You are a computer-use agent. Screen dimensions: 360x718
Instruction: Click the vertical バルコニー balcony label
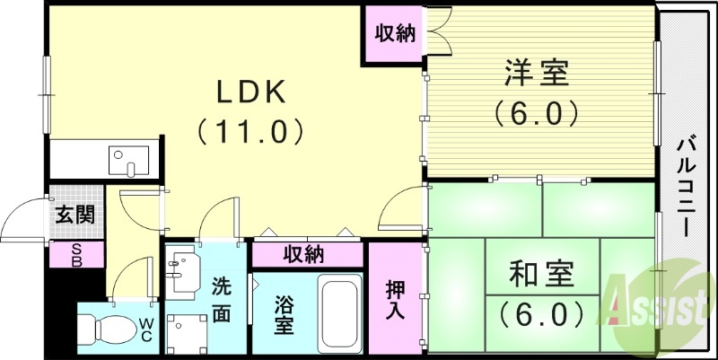tap(688, 185)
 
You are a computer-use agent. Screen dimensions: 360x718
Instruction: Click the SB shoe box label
tap(75, 256)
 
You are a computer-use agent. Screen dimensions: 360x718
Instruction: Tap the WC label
tap(145, 329)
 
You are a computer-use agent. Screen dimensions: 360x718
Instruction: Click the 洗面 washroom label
tap(221, 302)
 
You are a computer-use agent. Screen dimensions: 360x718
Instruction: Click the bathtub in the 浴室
tap(340, 314)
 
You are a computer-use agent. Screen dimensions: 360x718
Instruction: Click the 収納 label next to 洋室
tap(395, 34)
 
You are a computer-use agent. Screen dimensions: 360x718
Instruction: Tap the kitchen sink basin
tap(123, 162)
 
